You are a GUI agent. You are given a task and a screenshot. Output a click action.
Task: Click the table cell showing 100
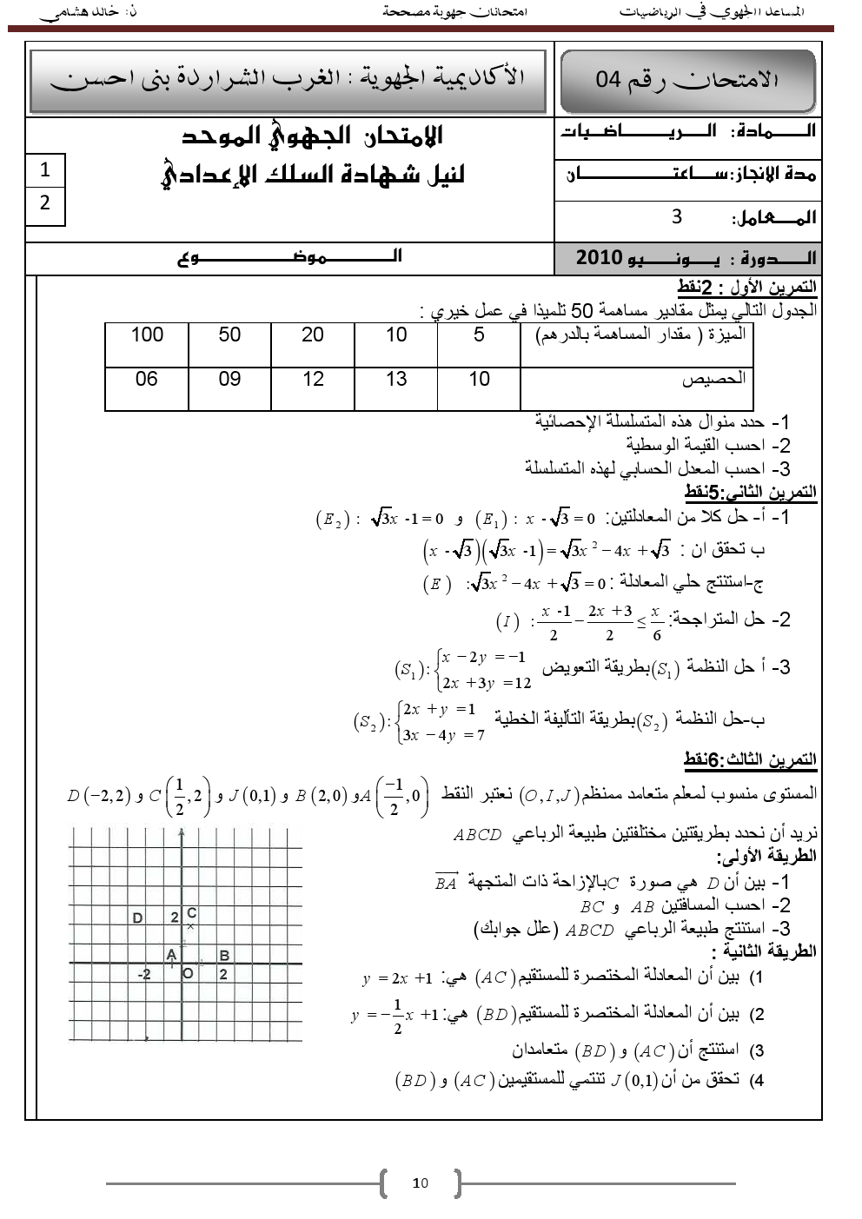pos(147,335)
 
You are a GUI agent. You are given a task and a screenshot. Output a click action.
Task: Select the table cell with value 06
pos(147,380)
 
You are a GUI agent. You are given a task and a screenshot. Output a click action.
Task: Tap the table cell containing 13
pos(396,380)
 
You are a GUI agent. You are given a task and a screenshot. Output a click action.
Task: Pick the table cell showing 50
pos(229,335)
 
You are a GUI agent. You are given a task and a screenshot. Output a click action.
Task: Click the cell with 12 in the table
pos(313,380)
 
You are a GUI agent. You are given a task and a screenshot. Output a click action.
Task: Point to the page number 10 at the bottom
pos(421,1183)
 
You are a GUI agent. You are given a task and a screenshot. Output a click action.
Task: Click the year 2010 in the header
pos(600,258)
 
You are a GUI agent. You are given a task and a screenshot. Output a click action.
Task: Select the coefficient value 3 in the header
pos(677,217)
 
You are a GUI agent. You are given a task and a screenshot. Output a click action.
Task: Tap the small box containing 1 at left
pos(45,170)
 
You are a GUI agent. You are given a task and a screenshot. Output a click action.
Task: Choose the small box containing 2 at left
pos(45,203)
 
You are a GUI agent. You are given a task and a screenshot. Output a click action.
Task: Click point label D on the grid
pos(137,918)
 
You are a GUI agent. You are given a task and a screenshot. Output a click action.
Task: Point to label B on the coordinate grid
pos(224,956)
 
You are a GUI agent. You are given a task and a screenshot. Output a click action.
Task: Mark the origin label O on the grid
pos(188,974)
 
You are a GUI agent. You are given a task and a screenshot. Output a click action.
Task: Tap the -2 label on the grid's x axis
pos(144,975)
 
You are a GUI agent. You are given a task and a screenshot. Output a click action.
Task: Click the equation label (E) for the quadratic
pos(437,584)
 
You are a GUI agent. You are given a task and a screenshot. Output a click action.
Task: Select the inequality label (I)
pos(507,621)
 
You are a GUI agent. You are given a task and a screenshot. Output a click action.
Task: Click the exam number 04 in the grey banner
pos(608,80)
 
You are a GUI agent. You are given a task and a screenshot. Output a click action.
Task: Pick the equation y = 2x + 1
pos(397,979)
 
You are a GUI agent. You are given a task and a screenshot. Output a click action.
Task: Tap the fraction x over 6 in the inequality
pos(656,623)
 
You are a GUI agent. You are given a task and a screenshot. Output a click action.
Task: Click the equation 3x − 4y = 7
pos(443,735)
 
